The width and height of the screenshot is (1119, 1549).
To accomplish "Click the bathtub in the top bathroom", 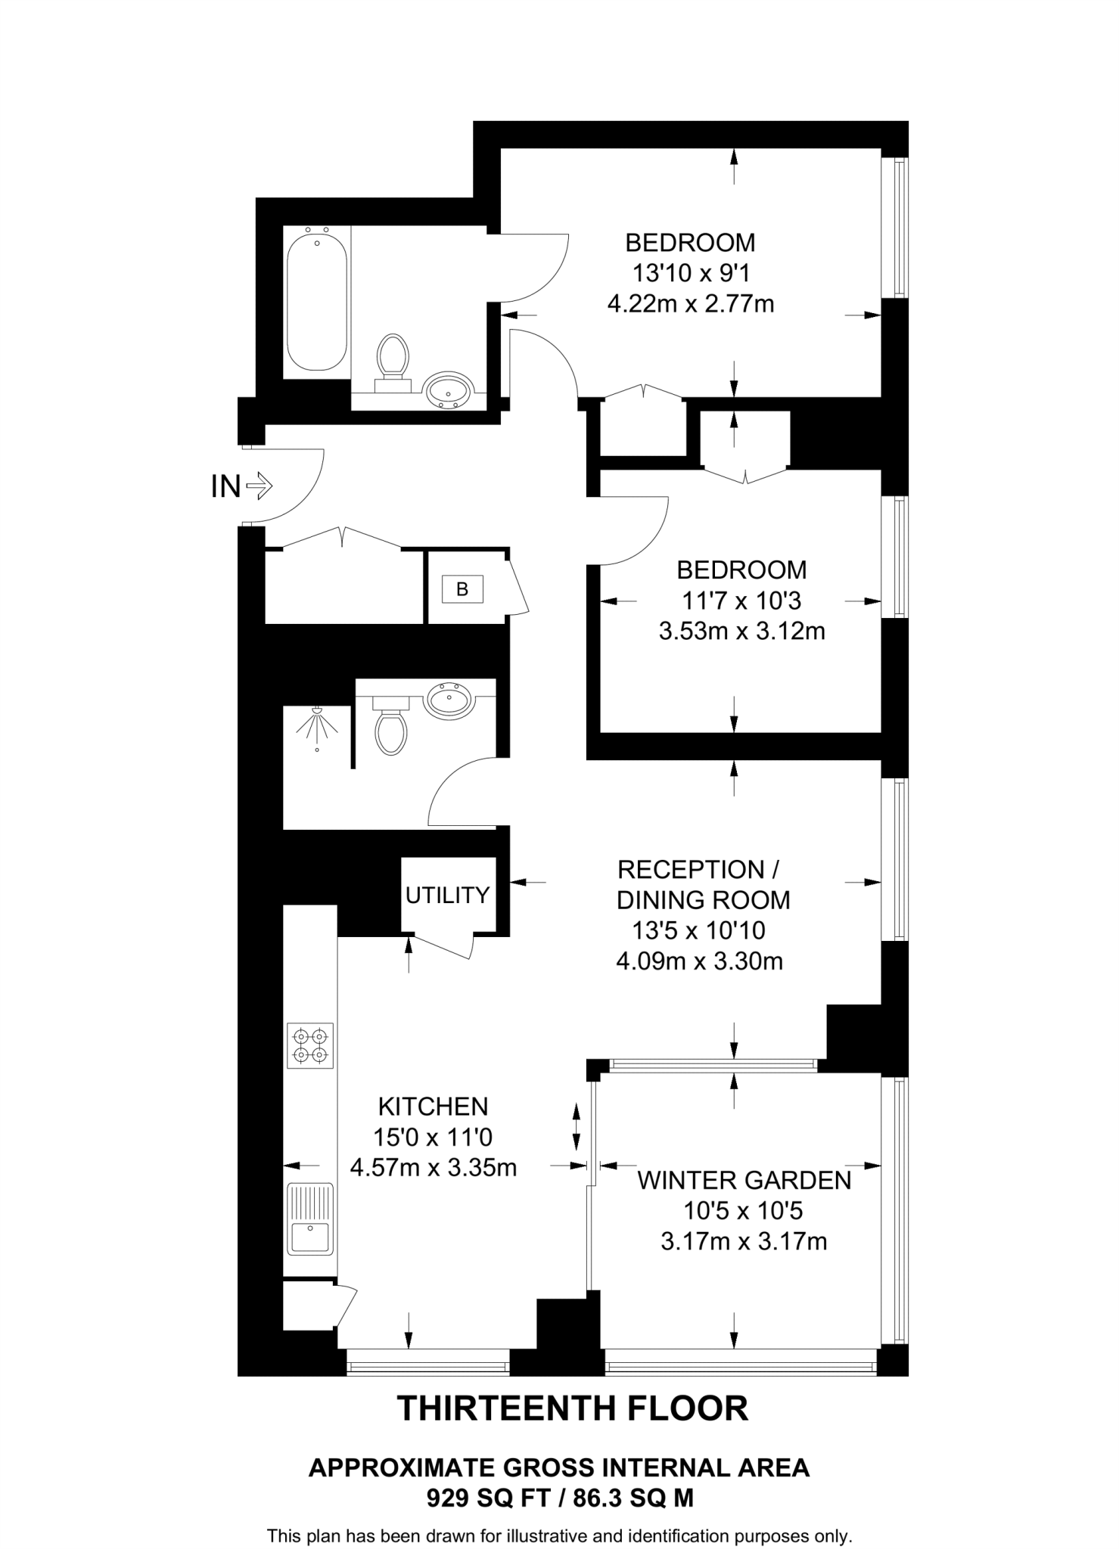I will coord(317,301).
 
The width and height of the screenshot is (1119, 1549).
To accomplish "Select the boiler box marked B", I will coord(462,588).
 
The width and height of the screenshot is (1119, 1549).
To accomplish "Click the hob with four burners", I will coord(310,1045).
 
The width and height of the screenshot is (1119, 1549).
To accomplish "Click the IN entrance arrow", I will coord(260,486).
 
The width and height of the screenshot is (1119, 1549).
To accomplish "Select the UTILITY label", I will coord(447,896).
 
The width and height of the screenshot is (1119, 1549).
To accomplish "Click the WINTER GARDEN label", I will coord(744,1180).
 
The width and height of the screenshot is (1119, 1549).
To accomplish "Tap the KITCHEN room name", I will coord(433,1107).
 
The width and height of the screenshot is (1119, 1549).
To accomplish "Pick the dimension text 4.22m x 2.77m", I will coord(691,304).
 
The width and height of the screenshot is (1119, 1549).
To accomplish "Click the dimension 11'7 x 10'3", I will coord(741,601).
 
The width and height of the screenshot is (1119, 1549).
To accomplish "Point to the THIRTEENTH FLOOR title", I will coord(573,1408).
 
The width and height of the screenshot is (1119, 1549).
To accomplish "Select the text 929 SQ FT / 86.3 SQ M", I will coord(560,1498).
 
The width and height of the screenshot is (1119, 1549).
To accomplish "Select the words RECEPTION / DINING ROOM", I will coord(703,885).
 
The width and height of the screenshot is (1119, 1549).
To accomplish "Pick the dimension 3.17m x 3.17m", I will coord(744,1241).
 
